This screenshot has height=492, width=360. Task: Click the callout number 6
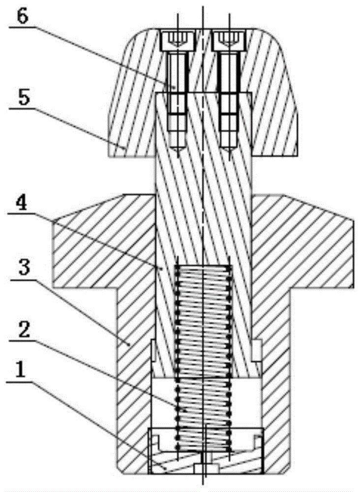(x=22, y=17)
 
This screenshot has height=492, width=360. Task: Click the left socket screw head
(x=178, y=41)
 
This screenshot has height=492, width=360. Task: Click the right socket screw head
(x=229, y=41)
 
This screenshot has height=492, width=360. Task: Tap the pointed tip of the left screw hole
(x=178, y=156)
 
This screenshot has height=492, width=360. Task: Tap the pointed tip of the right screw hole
(x=229, y=156)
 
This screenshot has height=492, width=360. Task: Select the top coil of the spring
(x=204, y=268)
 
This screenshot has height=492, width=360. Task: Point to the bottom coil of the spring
(x=204, y=447)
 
